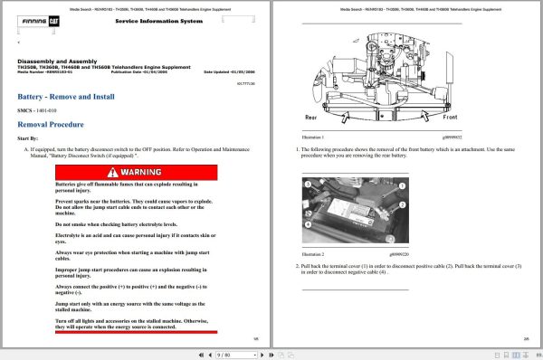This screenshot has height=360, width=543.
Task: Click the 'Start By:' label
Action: pos(30,138)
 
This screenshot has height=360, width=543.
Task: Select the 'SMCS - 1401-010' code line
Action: pos(43,109)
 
